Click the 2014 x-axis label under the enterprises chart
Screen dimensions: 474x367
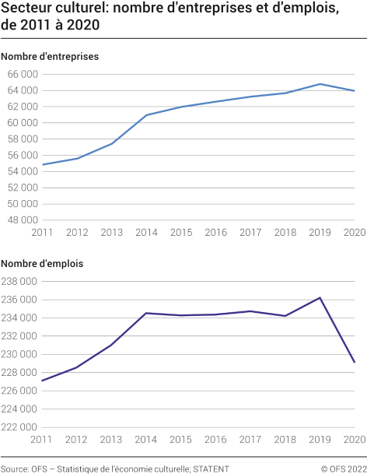point(147,233)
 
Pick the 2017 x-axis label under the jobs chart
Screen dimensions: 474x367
point(250,441)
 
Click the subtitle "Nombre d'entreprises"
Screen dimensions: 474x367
point(50,56)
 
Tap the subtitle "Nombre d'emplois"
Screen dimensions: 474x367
point(42,264)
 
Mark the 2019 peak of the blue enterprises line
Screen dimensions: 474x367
point(320,84)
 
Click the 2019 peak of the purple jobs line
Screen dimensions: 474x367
point(320,297)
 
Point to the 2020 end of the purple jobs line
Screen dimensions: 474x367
point(355,362)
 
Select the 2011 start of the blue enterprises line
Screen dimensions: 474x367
point(43,164)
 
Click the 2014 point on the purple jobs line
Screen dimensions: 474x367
point(147,313)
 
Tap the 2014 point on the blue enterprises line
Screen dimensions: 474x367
point(147,115)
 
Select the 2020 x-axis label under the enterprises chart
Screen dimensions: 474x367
point(355,233)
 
